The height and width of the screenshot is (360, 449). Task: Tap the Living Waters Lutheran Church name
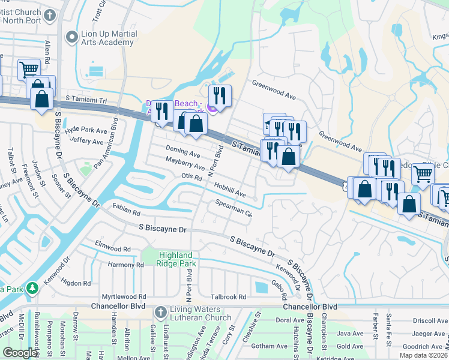click(x=201, y=313)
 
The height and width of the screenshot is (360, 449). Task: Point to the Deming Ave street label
click(x=183, y=154)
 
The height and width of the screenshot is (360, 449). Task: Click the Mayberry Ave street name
click(x=185, y=164)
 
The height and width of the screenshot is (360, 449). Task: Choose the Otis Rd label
click(x=191, y=176)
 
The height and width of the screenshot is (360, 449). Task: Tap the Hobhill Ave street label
click(x=228, y=190)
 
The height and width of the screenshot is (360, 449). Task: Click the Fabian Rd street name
click(x=125, y=212)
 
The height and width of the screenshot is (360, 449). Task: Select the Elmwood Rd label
click(x=113, y=248)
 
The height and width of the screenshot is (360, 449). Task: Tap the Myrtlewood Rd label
click(x=124, y=296)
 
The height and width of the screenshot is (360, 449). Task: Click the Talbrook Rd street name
click(x=228, y=296)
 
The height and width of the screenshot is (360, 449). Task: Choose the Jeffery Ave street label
click(x=86, y=142)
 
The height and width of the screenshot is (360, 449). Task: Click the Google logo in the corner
click(x=19, y=353)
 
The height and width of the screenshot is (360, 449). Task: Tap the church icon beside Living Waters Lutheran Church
click(x=160, y=313)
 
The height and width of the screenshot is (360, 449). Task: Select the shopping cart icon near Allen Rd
click(x=29, y=70)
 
